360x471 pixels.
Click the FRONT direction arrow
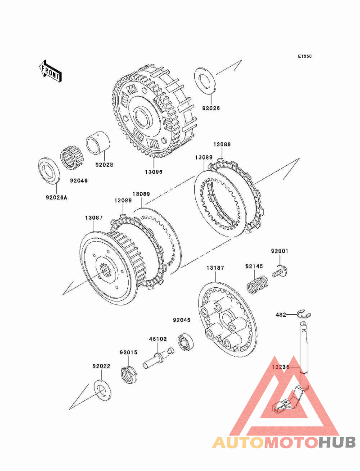coord(50,71)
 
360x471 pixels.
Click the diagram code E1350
coord(305,56)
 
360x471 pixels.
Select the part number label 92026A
coord(56,198)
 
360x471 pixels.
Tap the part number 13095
coord(153,172)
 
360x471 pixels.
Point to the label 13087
coord(94,217)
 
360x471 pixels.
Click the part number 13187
coord(215,267)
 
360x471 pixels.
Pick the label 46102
coord(158,339)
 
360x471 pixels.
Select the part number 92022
coord(102,366)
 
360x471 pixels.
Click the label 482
coord(281,315)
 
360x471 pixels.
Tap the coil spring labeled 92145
coord(257,285)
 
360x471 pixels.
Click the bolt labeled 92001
coord(281,271)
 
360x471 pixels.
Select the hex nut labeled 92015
coord(129,373)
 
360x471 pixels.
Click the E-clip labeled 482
coord(304,314)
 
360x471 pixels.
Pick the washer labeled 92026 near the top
coord(205,81)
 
